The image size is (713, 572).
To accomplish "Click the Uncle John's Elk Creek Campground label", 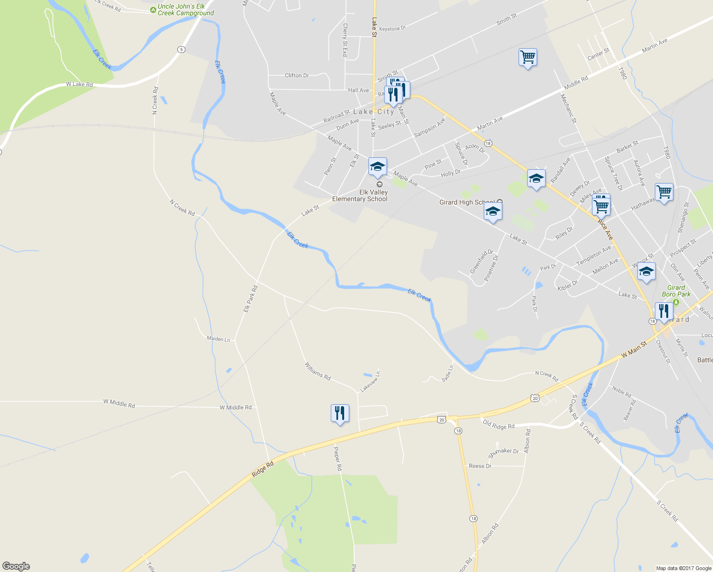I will coord(185,10).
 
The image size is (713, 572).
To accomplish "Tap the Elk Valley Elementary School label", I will coord(360,195).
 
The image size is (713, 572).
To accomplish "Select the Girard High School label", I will coord(467,202).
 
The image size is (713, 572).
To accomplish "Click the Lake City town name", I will coord(374,112).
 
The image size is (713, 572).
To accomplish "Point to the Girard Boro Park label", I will coord(676,291).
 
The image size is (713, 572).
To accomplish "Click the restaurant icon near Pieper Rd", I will coord(340,413).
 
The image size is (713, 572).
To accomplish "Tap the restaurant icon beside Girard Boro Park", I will coord(664,311).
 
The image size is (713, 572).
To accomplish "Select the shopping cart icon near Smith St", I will coord(528,57).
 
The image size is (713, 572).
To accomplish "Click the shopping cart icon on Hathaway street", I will coord(664,192).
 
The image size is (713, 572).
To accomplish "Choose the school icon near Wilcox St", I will coord(646,271).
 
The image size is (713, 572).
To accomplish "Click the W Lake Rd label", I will coord(79,84).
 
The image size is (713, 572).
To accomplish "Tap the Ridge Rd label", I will coord(263,469).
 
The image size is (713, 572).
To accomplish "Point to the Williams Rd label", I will coord(317,371).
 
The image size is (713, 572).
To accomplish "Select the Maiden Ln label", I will coord(218,339).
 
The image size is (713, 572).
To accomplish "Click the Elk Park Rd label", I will coord(250,298).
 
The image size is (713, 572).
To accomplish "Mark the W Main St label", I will coord(634,349).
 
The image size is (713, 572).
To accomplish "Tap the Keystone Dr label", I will coord(392,29).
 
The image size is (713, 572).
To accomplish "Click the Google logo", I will coord(16,566).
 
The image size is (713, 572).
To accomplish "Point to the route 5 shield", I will coord(181,50).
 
